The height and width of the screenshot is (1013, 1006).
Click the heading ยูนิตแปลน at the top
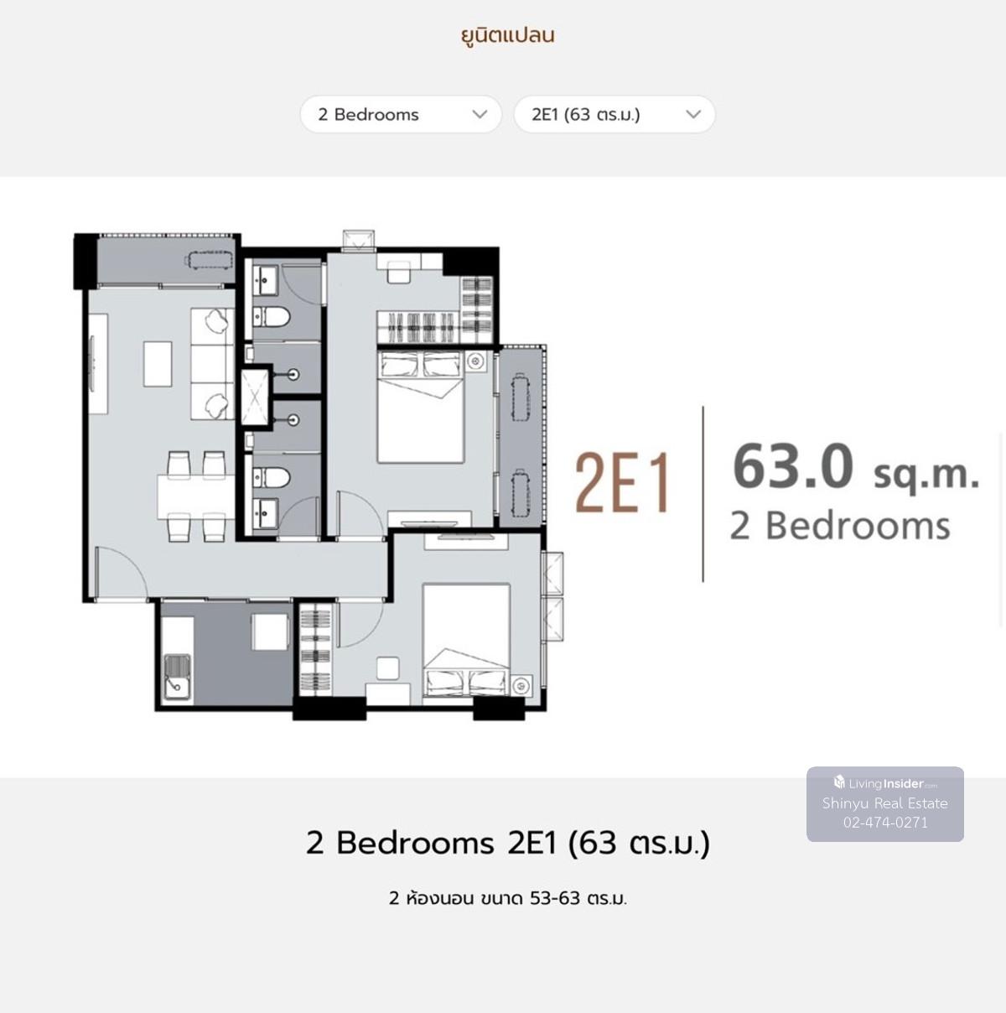(x=508, y=36)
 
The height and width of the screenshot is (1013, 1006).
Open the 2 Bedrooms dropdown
(x=401, y=114)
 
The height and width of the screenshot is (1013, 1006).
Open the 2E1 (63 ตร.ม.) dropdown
(x=614, y=114)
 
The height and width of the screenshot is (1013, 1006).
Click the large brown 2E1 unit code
(x=622, y=482)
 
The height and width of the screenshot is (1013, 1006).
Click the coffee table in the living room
(x=158, y=364)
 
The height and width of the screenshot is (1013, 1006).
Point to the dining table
(x=195, y=496)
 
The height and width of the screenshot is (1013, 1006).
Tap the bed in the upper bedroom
(x=421, y=407)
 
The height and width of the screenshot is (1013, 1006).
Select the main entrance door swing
(x=122, y=572)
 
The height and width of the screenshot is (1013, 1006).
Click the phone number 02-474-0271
(x=885, y=822)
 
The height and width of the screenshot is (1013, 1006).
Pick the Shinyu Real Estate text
(x=885, y=803)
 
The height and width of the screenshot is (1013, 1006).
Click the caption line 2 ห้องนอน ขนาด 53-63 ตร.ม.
(x=508, y=898)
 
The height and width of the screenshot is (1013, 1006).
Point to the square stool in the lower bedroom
(x=388, y=668)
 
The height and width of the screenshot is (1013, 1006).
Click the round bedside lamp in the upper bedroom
(x=475, y=361)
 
